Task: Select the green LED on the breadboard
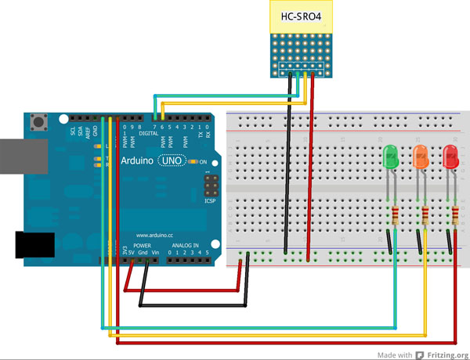(391, 159)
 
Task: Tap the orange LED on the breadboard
(421, 159)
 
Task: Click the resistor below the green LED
(395, 217)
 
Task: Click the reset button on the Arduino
(37, 121)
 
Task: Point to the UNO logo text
(173, 160)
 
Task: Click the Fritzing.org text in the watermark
(447, 355)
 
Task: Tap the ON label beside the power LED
(203, 162)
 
